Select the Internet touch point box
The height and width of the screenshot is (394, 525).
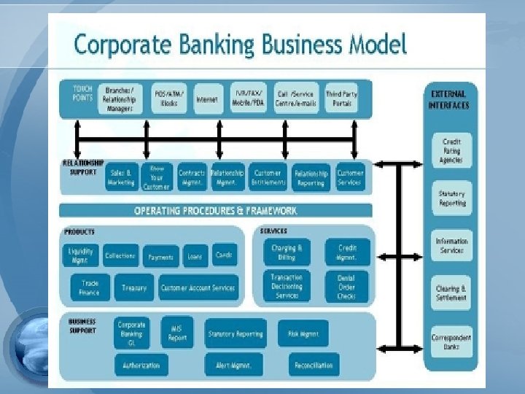click(x=207, y=99)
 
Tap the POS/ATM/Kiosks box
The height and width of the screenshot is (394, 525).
click(x=169, y=99)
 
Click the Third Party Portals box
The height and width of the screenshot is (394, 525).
click(x=341, y=99)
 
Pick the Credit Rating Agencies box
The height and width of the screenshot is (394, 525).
click(x=451, y=150)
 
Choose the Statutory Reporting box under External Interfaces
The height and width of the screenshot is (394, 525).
click(x=451, y=198)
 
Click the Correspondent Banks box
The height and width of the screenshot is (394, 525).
click(x=451, y=342)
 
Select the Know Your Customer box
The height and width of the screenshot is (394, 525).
click(x=157, y=177)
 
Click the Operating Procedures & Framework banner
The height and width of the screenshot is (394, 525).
click(x=215, y=211)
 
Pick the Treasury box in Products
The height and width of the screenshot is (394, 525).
click(x=134, y=288)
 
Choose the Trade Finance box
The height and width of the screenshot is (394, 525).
click(x=90, y=287)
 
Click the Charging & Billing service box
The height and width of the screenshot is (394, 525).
click(x=287, y=252)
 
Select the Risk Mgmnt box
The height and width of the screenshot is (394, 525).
click(x=303, y=334)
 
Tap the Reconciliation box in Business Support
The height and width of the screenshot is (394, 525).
click(x=314, y=365)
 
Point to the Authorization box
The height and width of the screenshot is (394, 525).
click(x=141, y=365)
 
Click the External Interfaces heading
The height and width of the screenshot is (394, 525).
click(x=449, y=99)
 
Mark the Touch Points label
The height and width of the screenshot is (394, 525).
click(x=82, y=93)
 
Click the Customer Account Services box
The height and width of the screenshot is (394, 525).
click(x=198, y=288)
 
